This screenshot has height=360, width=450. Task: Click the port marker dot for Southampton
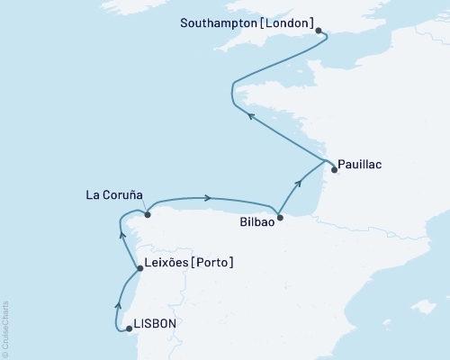tap(319, 30)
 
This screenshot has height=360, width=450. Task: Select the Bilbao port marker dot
tap(280, 217)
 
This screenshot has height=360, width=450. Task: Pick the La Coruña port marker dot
tap(148, 214)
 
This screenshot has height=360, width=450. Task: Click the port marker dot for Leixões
tap(138, 268)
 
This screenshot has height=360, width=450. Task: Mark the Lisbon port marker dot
tap(129, 328)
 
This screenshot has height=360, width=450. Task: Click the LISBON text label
tap(155, 323)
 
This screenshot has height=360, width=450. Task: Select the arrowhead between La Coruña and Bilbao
tap(209, 198)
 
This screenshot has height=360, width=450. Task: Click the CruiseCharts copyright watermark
tap(5, 328)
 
